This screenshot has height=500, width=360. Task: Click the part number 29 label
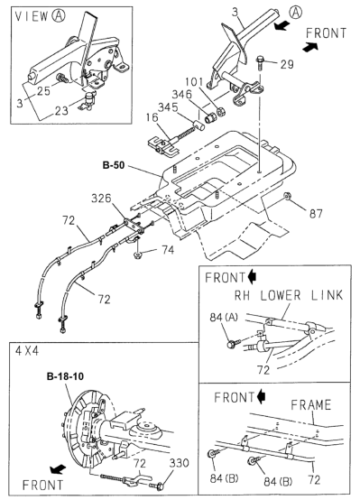pos(287,64)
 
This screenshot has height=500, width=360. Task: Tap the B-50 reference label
pos(114,165)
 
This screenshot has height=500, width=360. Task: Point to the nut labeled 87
pos(287,196)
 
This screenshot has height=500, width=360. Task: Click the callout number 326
pos(101,199)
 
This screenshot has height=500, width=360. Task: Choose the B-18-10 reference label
pos(65,376)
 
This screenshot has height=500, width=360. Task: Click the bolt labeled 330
pos(157,486)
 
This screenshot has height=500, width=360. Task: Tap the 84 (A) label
pos(224,318)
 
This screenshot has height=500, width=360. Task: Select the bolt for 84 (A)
pos(232,344)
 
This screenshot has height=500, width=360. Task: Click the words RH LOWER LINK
pos(289,295)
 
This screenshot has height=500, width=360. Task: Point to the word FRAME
pos(311,405)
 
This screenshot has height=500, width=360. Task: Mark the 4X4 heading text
pos(27,351)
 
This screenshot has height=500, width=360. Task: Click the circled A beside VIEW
pos(59,15)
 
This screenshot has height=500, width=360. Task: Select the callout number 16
pos(152,117)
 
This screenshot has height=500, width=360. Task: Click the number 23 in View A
pos(61,110)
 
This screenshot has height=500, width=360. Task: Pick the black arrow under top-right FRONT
pos(310,47)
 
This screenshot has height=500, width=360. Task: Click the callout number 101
pos(194,81)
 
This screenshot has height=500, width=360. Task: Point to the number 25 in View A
pos(43,91)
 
